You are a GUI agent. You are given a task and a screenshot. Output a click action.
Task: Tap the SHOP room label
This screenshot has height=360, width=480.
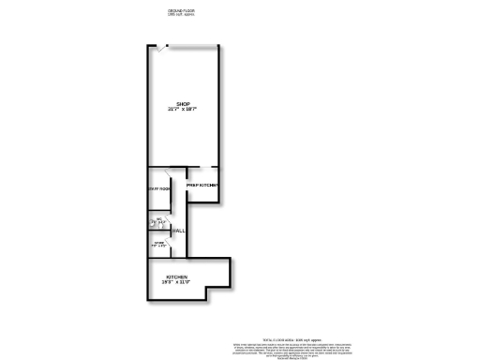pos(183,103)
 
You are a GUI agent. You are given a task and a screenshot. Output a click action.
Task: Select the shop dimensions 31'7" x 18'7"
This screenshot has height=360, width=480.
pos(183,109)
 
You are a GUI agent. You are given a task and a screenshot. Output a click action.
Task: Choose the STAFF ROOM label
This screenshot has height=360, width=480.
pos(158,189)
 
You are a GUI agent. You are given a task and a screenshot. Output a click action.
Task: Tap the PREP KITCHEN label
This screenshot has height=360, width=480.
pos(202,186)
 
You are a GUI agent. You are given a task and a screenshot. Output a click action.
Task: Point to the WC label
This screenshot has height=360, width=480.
pos(159,219)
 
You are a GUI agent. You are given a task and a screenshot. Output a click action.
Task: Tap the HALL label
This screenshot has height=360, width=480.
pos(178,231)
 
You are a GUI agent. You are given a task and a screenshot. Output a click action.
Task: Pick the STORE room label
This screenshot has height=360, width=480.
pos(159,244)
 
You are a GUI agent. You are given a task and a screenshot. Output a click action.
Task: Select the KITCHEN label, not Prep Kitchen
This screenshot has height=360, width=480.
pos(177,277)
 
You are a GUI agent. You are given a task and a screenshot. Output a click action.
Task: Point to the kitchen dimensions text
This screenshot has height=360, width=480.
pos(177,283)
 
